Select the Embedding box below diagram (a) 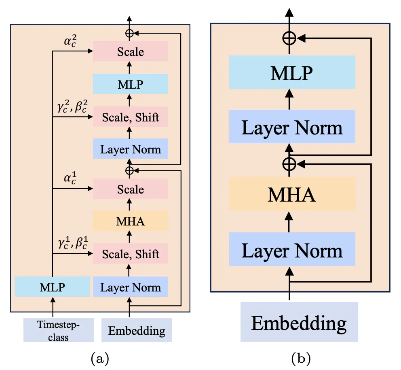(137, 330)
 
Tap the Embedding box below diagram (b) (299, 322)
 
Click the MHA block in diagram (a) (131, 221)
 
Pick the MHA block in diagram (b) (292, 194)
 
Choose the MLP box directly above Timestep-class (52, 287)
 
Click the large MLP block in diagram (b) (292, 72)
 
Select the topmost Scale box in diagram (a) (131, 52)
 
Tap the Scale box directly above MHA (131, 189)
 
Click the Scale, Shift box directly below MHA (131, 254)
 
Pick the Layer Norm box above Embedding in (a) (131, 287)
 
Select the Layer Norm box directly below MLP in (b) (292, 127)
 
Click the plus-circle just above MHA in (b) (289, 164)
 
